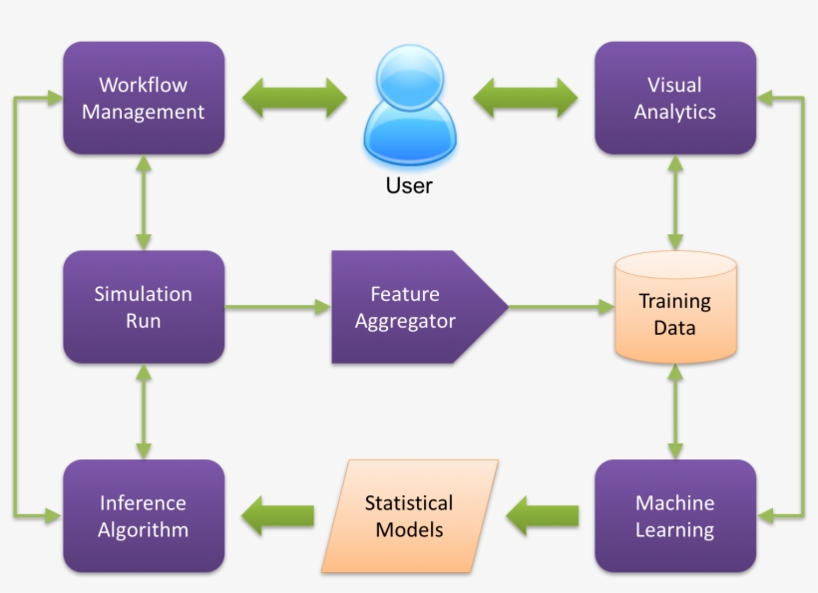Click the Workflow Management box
pos(143,98)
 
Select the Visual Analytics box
pos(674,98)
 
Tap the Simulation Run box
pos(143,307)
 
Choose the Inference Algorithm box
pos(143,515)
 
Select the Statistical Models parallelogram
pos(409,515)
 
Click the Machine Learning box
pos(674,515)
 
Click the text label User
pos(409,185)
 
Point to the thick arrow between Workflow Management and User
pos(295,98)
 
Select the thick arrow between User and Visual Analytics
pos(525,98)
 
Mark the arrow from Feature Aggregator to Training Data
pos(561,308)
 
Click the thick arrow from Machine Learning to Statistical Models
pos(543,515)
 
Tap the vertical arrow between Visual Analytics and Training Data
pos(675,203)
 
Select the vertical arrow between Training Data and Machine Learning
pos(675,411)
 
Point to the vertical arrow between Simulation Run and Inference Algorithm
pos(144,411)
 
